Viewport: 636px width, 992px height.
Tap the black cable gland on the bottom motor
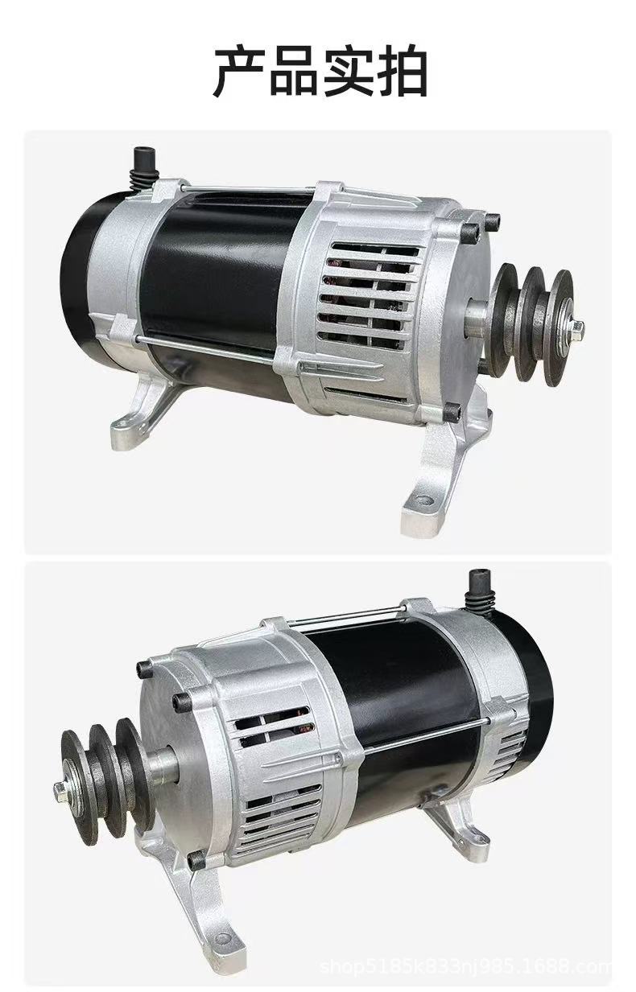point(480,591)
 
